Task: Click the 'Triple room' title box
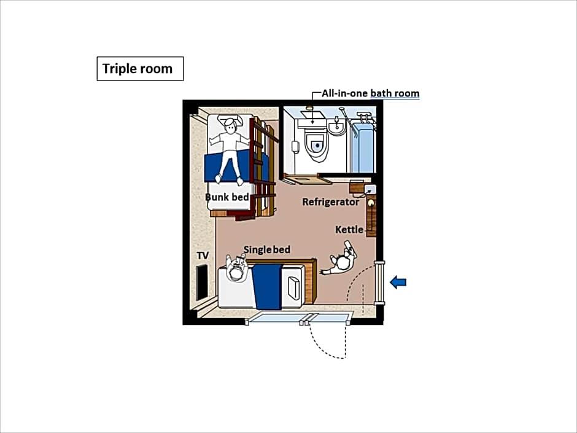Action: point(140,69)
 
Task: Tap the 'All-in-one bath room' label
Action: point(371,93)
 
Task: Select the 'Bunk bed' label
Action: point(227,197)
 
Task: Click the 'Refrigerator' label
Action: point(330,202)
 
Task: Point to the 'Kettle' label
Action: point(349,230)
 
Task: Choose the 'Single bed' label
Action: point(267,249)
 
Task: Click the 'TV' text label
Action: point(203,256)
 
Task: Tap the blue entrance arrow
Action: point(398,282)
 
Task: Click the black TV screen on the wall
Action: point(201,283)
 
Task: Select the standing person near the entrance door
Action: point(340,260)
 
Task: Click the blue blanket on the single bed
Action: point(267,286)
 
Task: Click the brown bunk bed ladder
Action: point(263,170)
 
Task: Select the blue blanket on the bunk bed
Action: point(236,168)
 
